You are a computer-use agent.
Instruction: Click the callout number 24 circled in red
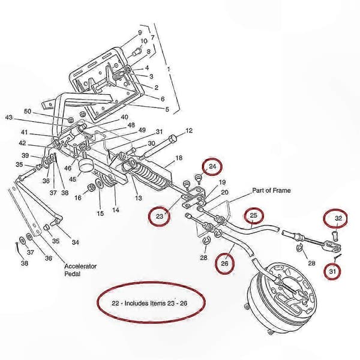tap(212, 166)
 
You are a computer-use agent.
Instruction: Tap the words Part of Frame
tap(271, 190)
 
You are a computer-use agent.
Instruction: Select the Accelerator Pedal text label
tap(80, 270)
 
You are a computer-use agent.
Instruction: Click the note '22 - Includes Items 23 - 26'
tap(149, 303)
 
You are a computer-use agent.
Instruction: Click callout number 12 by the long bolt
tap(189, 131)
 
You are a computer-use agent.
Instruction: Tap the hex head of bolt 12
tap(172, 139)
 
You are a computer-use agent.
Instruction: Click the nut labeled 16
tap(92, 188)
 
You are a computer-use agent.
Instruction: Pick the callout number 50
tap(28, 111)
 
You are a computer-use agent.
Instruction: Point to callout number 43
tap(9, 118)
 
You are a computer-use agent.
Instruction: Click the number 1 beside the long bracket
tap(168, 69)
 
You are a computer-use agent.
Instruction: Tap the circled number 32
tap(338, 218)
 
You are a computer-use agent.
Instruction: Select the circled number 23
tap(160, 216)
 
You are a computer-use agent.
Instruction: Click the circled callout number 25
tap(253, 215)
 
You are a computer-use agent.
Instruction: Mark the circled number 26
tap(224, 263)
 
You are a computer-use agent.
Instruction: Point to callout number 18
tap(179, 158)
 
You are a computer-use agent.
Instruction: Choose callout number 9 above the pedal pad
tap(140, 32)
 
